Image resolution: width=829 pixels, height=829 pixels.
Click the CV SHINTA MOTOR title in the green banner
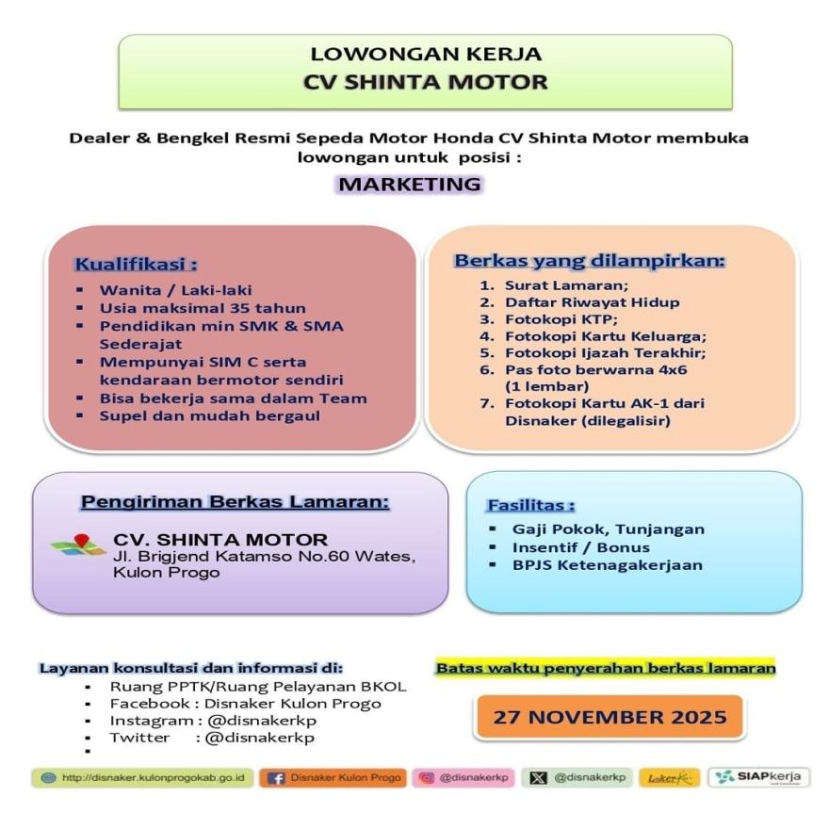pos(425,82)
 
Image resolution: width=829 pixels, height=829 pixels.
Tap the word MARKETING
pos(410,184)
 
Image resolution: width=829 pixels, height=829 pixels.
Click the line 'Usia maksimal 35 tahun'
pos(203,308)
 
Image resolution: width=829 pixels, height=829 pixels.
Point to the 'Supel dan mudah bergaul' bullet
pos(210,414)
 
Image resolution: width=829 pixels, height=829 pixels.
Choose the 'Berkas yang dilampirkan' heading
pos(590,261)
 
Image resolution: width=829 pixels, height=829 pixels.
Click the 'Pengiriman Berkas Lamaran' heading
pos(235,502)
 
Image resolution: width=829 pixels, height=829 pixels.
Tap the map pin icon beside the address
pos(79,544)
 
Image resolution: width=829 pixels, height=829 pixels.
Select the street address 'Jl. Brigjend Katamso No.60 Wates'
pos(263,557)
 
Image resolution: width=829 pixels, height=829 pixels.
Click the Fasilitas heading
pos(530,505)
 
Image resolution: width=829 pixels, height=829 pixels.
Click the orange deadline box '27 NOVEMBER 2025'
pos(610,717)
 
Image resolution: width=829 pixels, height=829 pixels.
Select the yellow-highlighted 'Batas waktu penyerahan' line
pos(606,668)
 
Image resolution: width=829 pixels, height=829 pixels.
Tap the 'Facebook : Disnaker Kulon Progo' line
pos(245,703)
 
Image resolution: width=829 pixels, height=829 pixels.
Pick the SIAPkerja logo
pos(759,777)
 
